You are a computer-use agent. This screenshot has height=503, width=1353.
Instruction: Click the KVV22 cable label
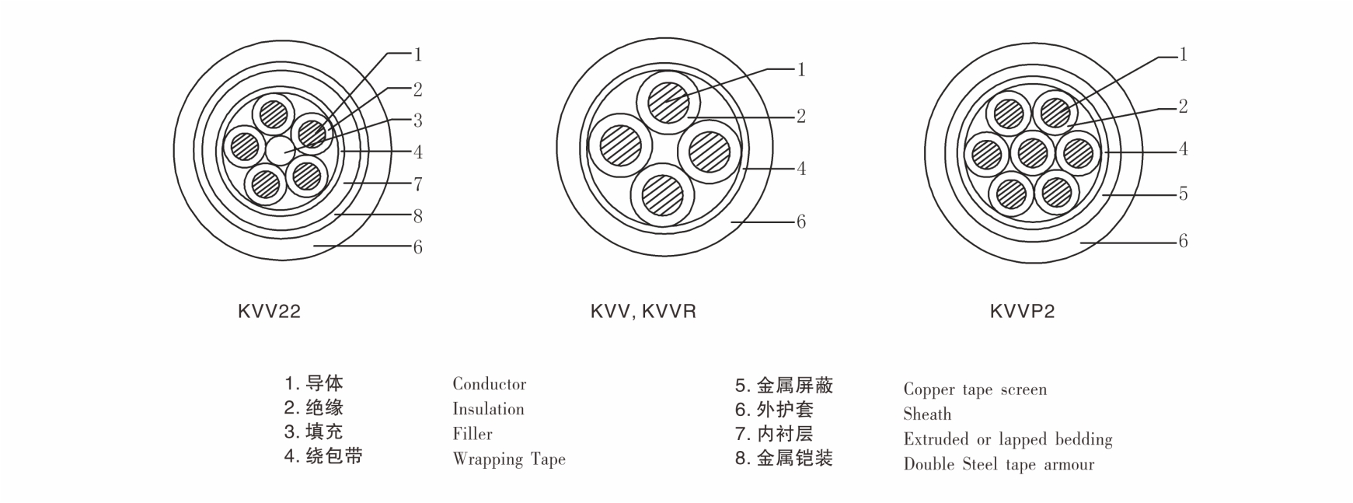(x=269, y=312)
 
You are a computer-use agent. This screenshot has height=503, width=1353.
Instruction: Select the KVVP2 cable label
(x=1022, y=312)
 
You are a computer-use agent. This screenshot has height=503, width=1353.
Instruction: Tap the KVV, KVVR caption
(x=643, y=312)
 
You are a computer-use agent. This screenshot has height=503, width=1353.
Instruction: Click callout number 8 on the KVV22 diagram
(x=418, y=215)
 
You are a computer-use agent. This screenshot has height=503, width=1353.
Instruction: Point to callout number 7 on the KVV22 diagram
(x=418, y=184)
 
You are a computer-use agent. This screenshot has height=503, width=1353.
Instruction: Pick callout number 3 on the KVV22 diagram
(x=418, y=121)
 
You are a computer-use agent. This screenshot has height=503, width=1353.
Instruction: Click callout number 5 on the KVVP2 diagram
(x=1183, y=194)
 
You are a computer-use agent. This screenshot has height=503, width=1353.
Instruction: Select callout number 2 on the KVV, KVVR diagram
(x=801, y=117)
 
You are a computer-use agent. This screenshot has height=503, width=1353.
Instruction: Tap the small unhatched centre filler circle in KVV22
(x=277, y=150)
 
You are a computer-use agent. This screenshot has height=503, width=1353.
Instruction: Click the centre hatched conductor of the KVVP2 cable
(x=1032, y=152)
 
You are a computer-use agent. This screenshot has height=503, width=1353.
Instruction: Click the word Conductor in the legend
(x=489, y=384)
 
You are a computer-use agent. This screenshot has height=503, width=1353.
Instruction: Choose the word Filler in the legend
(x=473, y=434)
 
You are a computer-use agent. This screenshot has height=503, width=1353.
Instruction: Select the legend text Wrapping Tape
(x=509, y=459)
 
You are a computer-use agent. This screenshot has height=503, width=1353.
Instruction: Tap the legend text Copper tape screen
(x=975, y=389)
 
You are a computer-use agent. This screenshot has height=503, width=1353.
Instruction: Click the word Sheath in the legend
(x=927, y=414)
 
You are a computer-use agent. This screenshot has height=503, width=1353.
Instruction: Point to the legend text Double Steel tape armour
(x=999, y=465)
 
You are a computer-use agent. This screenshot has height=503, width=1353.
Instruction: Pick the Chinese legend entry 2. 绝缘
(x=314, y=407)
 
